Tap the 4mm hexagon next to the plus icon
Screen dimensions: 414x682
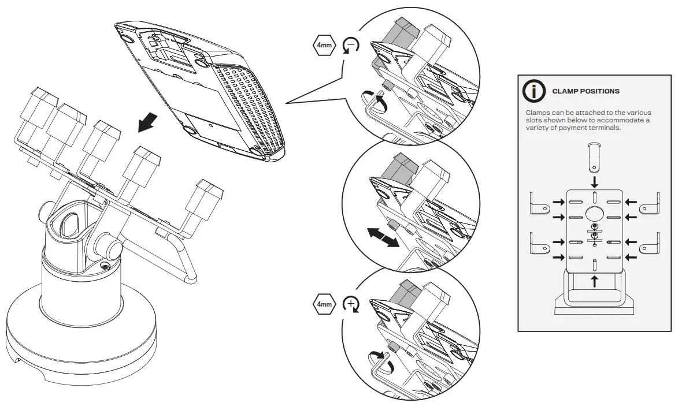(x=324, y=303)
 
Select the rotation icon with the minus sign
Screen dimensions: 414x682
(x=350, y=46)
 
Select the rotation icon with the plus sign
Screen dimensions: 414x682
(x=351, y=303)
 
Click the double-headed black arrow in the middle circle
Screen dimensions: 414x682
(x=383, y=237)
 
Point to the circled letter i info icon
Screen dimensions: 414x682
(x=533, y=91)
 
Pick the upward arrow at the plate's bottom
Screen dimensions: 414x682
(x=595, y=281)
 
